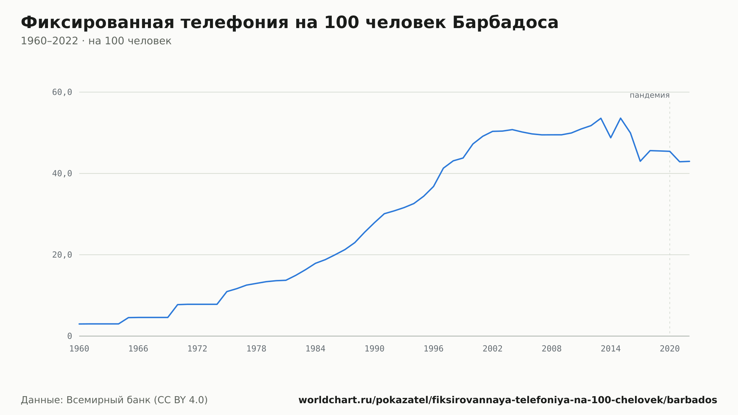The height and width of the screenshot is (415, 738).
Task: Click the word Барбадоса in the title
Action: click(x=505, y=23)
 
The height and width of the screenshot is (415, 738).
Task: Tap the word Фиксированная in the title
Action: click(x=97, y=23)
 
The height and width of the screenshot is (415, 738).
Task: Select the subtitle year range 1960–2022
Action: click(x=49, y=41)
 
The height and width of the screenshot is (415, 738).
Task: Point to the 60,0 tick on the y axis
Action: click(x=62, y=92)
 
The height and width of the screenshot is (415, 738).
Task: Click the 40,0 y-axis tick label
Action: click(x=62, y=174)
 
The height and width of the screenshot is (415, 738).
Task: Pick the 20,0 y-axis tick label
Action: click(x=62, y=255)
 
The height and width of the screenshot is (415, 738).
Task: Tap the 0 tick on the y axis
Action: click(x=70, y=336)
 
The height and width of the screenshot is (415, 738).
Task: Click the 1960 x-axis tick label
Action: click(x=79, y=349)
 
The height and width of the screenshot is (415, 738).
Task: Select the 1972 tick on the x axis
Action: click(x=197, y=349)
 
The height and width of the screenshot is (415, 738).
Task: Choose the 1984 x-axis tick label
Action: click(x=315, y=349)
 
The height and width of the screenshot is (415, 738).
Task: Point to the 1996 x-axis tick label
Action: click(x=434, y=349)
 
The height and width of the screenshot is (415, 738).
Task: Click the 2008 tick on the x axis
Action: click(x=552, y=349)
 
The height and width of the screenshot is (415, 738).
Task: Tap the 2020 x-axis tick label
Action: click(x=670, y=349)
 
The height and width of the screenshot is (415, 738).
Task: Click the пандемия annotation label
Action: click(x=649, y=95)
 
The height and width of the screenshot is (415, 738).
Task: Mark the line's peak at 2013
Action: click(x=601, y=118)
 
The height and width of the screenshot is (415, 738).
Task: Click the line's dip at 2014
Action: click(x=611, y=138)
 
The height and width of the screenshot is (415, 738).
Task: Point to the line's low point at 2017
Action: click(x=640, y=161)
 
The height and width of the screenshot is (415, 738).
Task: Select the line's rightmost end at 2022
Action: click(x=689, y=161)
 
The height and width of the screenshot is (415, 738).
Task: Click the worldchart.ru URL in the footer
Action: click(x=508, y=400)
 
